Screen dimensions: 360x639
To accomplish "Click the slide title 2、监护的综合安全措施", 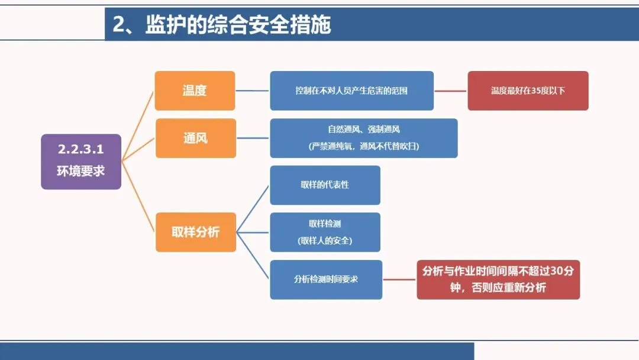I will [222, 25].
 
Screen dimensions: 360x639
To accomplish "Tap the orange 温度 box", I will [195, 91].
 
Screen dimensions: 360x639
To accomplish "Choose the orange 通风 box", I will [195, 139].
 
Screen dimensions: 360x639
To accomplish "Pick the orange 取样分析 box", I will [195, 232].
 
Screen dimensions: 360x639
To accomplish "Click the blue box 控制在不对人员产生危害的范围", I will [351, 91].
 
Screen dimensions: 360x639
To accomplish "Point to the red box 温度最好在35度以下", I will [528, 91].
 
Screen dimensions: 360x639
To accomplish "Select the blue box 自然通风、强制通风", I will [363, 130].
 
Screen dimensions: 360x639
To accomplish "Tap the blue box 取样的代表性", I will [325, 185].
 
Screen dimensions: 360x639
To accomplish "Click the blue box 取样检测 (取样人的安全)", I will [325, 232].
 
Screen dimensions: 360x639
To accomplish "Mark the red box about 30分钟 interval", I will [498, 279].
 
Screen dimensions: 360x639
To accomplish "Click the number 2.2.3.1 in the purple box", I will [81, 150].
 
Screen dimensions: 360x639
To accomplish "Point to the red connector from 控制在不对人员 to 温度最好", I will [450, 91].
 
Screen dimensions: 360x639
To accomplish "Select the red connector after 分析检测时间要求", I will [399, 279].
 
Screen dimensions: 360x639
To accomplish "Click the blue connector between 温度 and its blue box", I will [253, 91].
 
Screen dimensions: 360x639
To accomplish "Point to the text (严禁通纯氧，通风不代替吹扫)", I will [363, 146].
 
